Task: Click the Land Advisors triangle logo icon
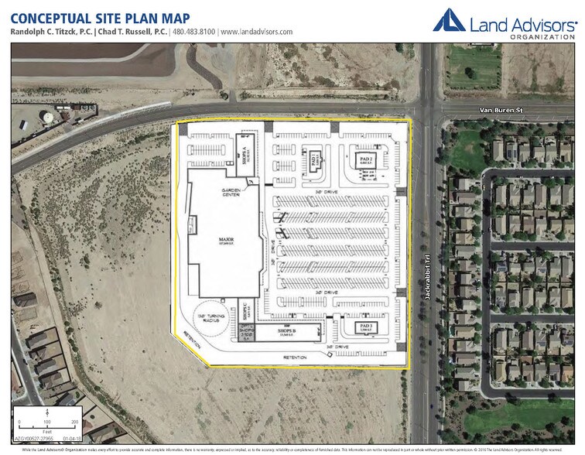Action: pyautogui.click(x=449, y=21)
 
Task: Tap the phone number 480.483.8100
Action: pyautogui.click(x=194, y=32)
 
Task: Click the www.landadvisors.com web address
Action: pyautogui.click(x=257, y=32)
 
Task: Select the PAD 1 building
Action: pyautogui.click(x=313, y=160)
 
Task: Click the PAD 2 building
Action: pyautogui.click(x=366, y=161)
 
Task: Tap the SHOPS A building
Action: pyautogui.click(x=246, y=150)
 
